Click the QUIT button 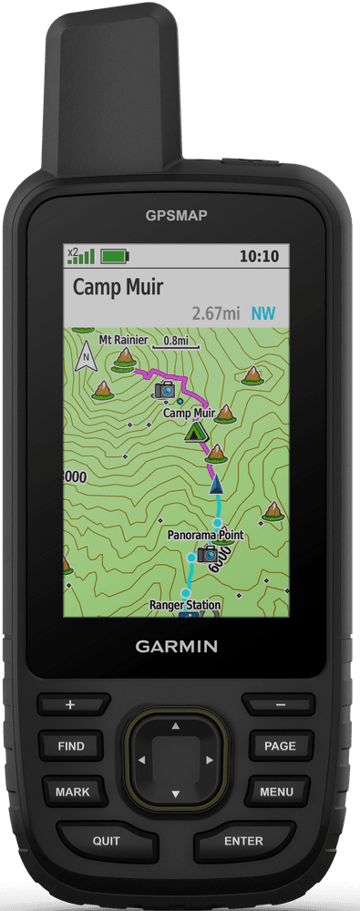coord(106,841)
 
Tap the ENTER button coord(243,841)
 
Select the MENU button coord(277,792)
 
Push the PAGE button coord(280,745)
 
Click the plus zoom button coord(70,704)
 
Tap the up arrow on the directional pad coord(175,726)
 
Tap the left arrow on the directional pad coord(141,760)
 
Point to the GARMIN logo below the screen coord(177,647)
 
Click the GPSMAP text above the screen coord(176,215)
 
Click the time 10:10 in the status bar coord(258,256)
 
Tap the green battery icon coord(116,256)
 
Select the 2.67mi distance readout coord(216,313)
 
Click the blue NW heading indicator coord(263,313)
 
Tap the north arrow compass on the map coord(87,356)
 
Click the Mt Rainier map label coord(122,341)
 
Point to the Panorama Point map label coord(205,535)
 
